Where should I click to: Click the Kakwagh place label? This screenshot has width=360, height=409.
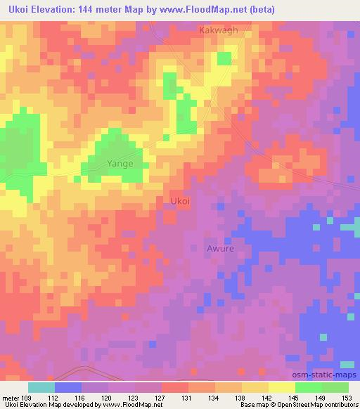[x=219, y=30]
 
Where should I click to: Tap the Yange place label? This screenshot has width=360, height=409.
[x=120, y=164]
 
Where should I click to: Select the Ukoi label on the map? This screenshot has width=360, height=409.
[x=181, y=201]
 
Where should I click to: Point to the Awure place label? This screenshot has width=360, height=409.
[x=220, y=248]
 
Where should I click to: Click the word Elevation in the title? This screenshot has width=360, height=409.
[x=60, y=9]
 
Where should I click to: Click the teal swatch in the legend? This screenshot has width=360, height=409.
[x=41, y=387]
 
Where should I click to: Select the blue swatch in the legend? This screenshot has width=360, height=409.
[x=68, y=387]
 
